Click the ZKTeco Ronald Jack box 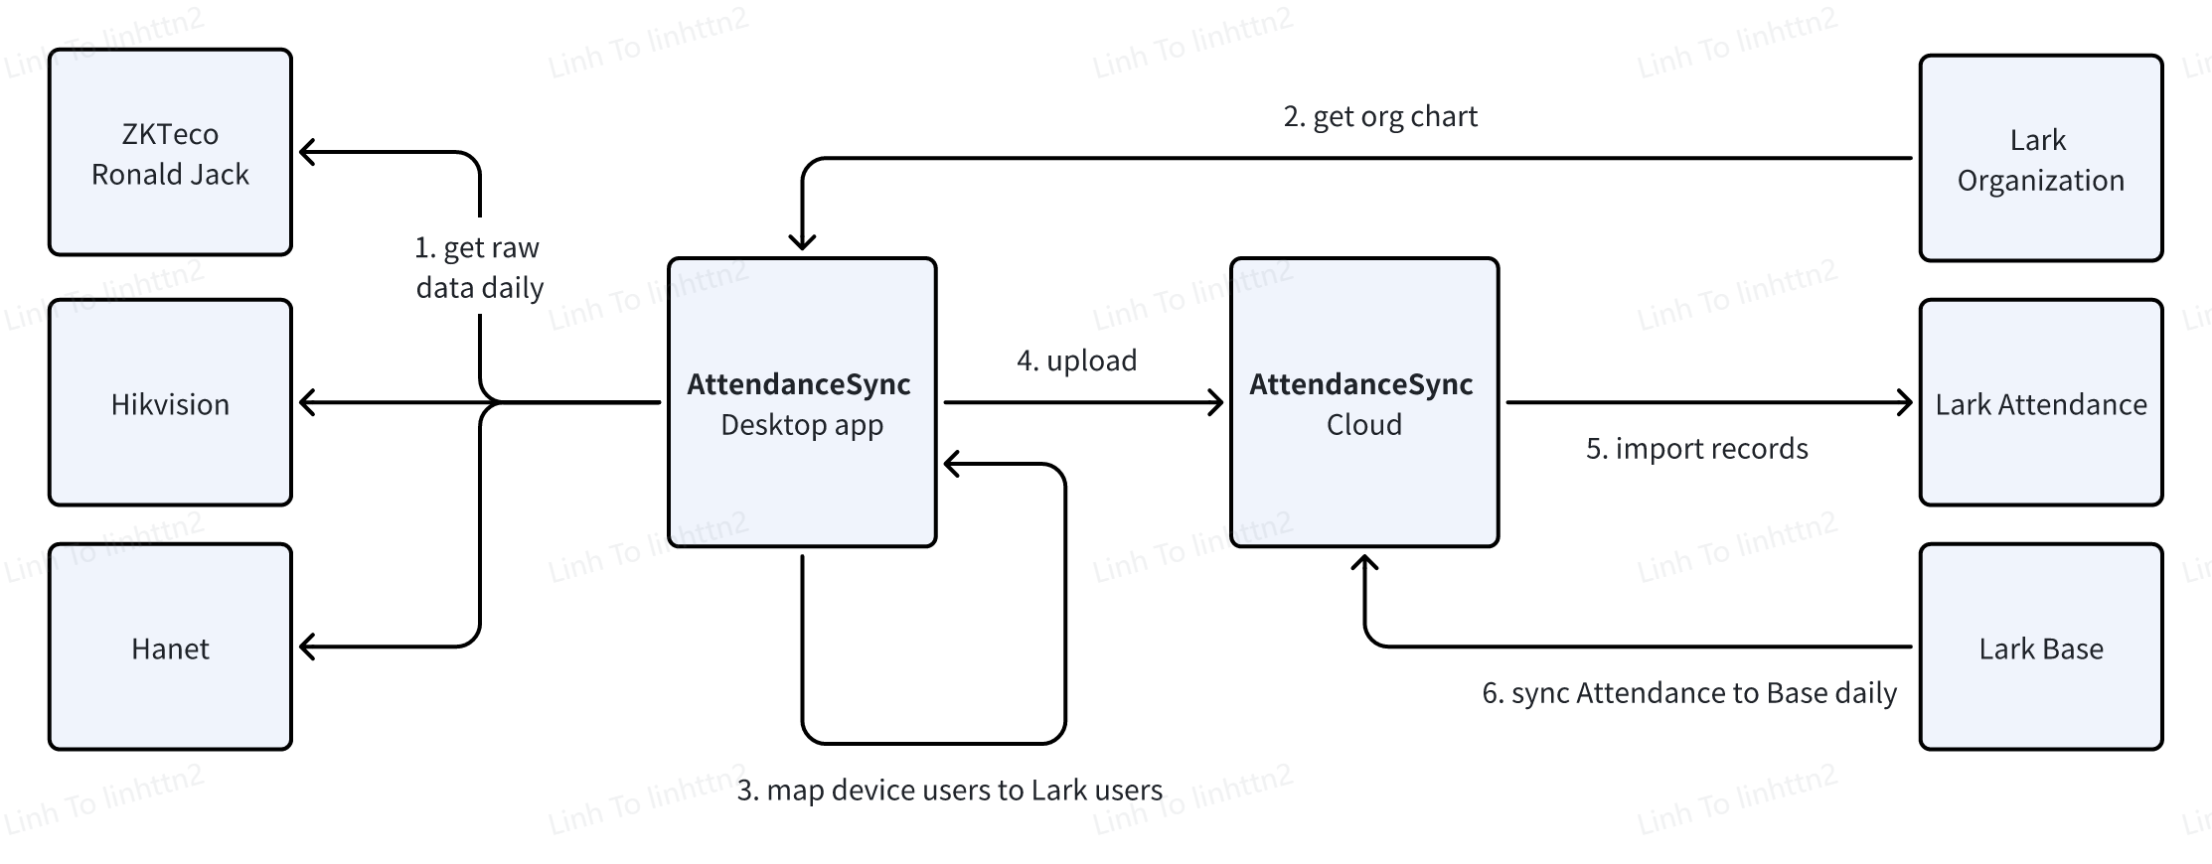tap(170, 153)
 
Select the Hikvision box tap(170, 403)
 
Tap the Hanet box tap(170, 648)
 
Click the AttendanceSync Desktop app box tap(801, 402)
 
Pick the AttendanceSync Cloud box tap(1363, 402)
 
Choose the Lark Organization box tap(2040, 159)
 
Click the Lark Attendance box tap(2040, 403)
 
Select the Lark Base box tap(2040, 648)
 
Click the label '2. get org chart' tap(1380, 117)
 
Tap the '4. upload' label tap(1076, 360)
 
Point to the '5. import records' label tap(1696, 449)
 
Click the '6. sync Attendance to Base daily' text tap(1688, 693)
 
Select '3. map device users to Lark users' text tap(949, 791)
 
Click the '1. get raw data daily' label tap(479, 268)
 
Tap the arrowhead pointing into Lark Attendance tap(1904, 402)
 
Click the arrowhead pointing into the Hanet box tap(307, 648)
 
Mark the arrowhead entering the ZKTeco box tap(307, 152)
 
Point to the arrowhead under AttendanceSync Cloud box tap(1364, 563)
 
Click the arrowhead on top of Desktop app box tap(802, 242)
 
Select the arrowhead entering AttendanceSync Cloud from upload tap(1215, 402)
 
